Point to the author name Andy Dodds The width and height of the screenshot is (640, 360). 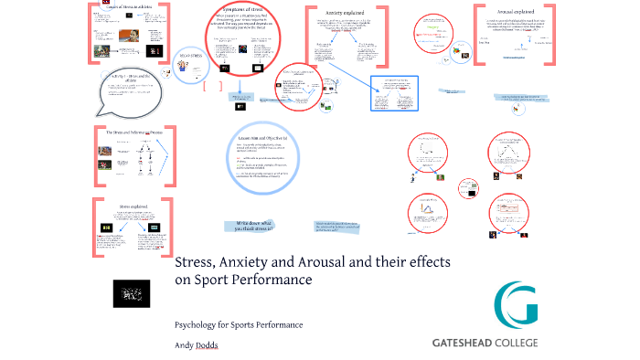point(197,346)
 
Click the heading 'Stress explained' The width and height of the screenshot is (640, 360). point(133,206)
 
